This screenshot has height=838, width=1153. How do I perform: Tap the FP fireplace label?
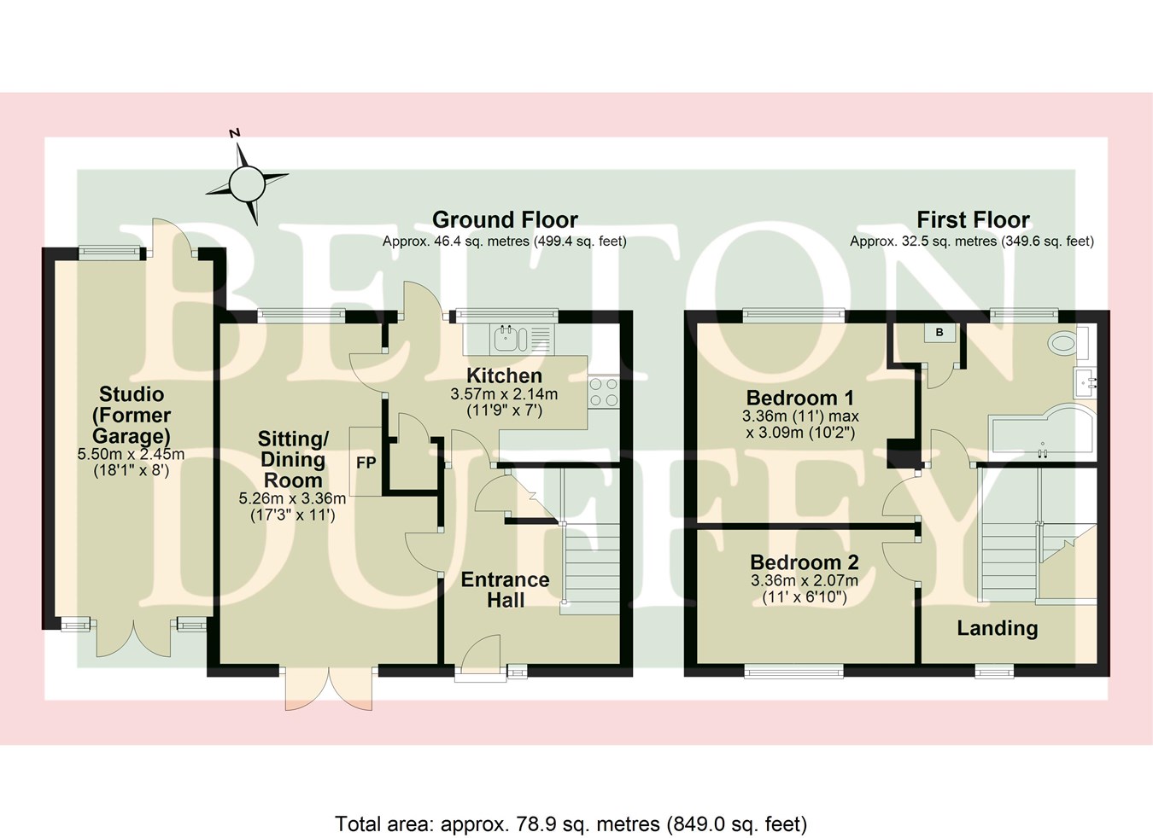(x=366, y=463)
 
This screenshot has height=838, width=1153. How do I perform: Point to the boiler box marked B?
(x=939, y=333)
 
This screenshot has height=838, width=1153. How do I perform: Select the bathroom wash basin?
(x=1086, y=383)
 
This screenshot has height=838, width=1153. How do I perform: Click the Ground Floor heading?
(x=505, y=219)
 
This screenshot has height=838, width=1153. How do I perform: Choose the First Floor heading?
(x=973, y=219)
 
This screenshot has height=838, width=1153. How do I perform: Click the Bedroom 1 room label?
(x=800, y=398)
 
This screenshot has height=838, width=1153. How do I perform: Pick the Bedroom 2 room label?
(x=804, y=562)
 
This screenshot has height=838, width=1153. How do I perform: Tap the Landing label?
(x=997, y=628)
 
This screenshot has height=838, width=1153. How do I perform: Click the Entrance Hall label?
(x=506, y=590)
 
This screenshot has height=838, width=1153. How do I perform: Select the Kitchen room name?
(x=504, y=375)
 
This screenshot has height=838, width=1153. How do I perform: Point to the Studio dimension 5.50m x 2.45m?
(x=131, y=454)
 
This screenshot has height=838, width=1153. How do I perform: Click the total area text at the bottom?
(x=571, y=823)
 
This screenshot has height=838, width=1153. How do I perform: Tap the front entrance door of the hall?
(x=480, y=661)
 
